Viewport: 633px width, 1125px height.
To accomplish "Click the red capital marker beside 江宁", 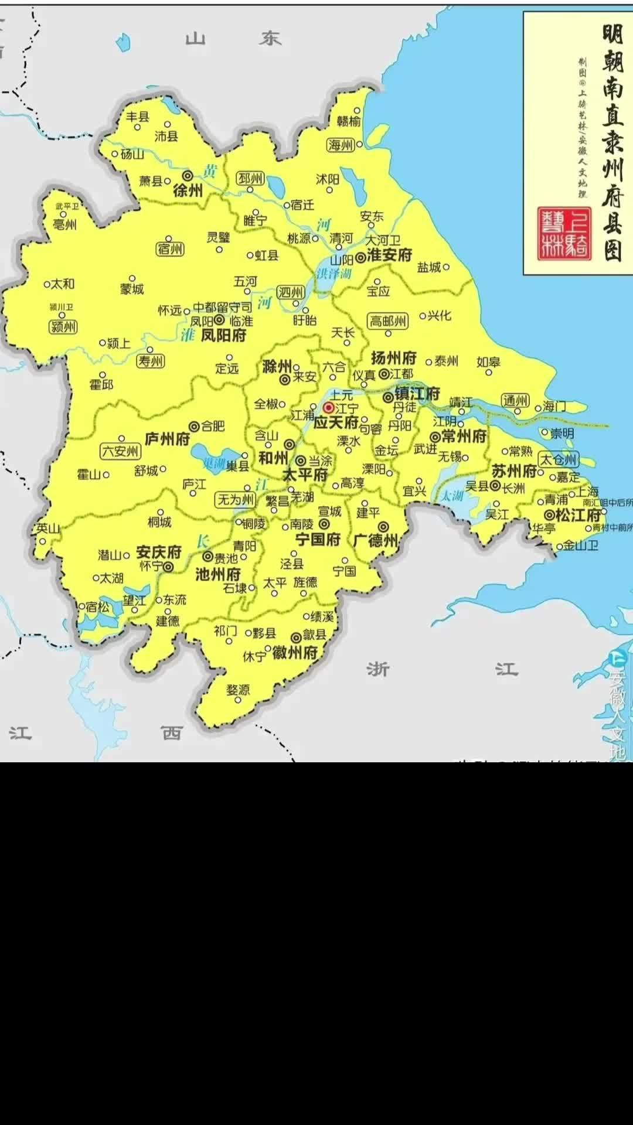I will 329,407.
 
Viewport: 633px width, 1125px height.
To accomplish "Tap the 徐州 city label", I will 188,190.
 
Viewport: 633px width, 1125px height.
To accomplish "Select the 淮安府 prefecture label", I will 390,255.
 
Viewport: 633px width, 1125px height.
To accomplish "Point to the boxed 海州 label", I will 341,145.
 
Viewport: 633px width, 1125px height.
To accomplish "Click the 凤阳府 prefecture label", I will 223,335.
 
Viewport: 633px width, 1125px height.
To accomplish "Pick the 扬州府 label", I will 393,357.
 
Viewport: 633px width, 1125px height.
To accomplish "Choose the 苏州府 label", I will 514,471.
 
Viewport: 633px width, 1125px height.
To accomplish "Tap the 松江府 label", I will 578,515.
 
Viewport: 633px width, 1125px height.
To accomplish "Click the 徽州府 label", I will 295,652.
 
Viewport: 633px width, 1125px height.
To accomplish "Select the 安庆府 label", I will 158,552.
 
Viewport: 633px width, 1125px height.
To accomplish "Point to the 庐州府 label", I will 168,439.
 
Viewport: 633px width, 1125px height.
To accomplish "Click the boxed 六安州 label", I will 120,451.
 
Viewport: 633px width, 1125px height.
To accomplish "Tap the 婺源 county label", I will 238,690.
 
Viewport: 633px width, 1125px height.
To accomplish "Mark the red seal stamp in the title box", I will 564,233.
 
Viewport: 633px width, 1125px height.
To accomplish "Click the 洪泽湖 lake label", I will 333,274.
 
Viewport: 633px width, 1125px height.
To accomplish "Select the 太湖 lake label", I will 452,496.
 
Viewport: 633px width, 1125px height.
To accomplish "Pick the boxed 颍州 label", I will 64,327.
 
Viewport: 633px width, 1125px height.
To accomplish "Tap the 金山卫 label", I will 581,546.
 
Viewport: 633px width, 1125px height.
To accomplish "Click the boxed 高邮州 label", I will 387,321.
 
